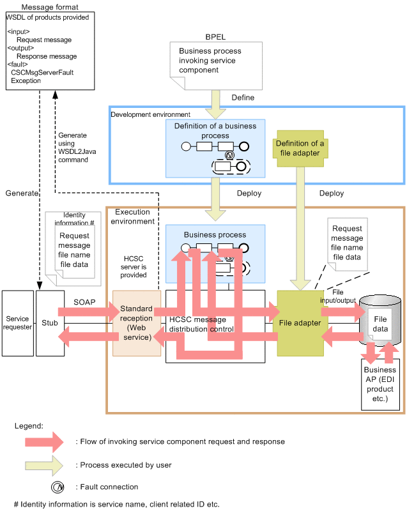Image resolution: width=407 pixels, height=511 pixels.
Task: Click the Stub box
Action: pyautogui.click(x=50, y=323)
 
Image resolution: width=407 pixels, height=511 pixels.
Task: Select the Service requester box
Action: pyautogui.click(x=18, y=323)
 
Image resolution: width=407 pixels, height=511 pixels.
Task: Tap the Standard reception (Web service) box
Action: pyautogui.click(x=136, y=323)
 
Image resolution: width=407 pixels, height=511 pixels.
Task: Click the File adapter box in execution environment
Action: pyautogui.click(x=300, y=323)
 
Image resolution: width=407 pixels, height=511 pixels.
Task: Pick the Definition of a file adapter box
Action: pyautogui.click(x=300, y=148)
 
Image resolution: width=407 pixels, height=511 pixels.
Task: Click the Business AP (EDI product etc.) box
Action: pyautogui.click(x=380, y=384)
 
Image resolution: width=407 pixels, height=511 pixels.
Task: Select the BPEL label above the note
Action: pyautogui.click(x=215, y=38)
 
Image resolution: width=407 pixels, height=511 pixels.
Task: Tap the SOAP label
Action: pyautogui.click(x=84, y=301)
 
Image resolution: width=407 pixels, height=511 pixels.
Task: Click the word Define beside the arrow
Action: pyautogui.click(x=243, y=98)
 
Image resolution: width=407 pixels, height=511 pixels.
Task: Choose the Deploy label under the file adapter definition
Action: pyautogui.click(x=331, y=193)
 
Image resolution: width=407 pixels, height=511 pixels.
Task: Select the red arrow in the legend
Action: pyautogui.click(x=39, y=441)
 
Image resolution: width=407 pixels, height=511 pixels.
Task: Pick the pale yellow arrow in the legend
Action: pyautogui.click(x=39, y=464)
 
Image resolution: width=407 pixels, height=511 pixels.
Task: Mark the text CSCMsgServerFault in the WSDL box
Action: pyautogui.click(x=42, y=73)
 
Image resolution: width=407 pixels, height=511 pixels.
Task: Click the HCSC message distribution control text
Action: pyautogui.click(x=201, y=324)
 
